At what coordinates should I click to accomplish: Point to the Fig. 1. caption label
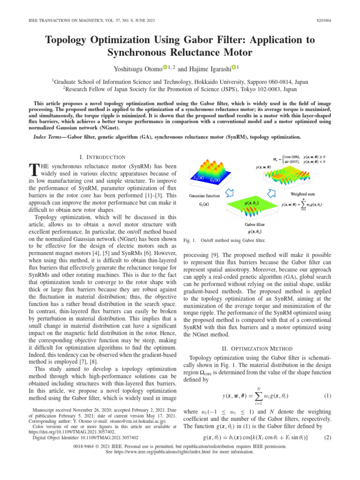click(187, 240)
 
